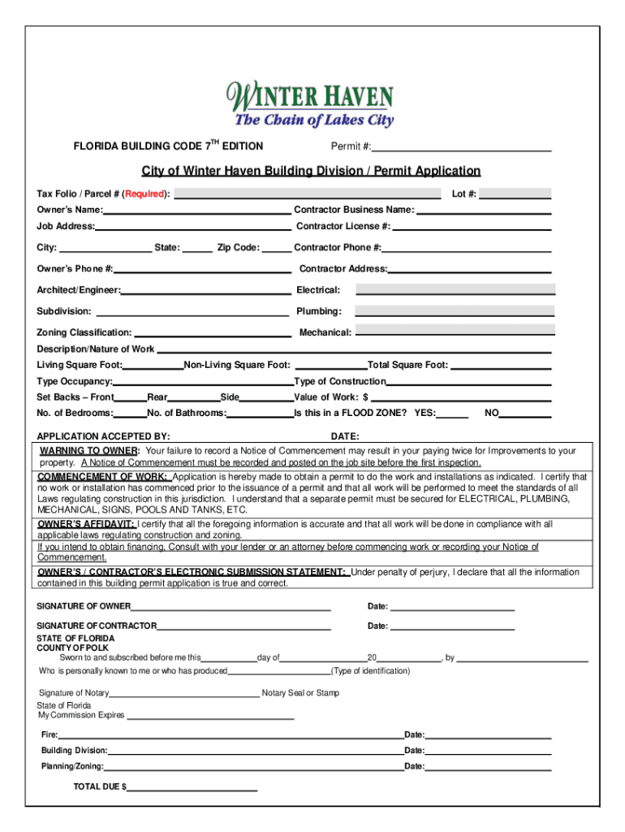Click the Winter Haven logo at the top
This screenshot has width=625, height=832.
click(312, 104)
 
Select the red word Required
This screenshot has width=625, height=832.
click(145, 194)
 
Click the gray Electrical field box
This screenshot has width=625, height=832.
click(455, 289)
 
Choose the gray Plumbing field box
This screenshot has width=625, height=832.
click(455, 311)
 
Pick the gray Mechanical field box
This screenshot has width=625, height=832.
click(455, 331)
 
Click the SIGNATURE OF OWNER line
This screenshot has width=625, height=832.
click(231, 609)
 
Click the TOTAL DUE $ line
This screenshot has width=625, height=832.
click(192, 790)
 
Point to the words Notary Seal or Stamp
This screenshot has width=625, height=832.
click(300, 693)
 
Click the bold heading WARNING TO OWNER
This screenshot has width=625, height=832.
click(89, 451)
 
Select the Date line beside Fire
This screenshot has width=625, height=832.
click(488, 737)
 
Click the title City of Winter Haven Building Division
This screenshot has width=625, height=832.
click(311, 171)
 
